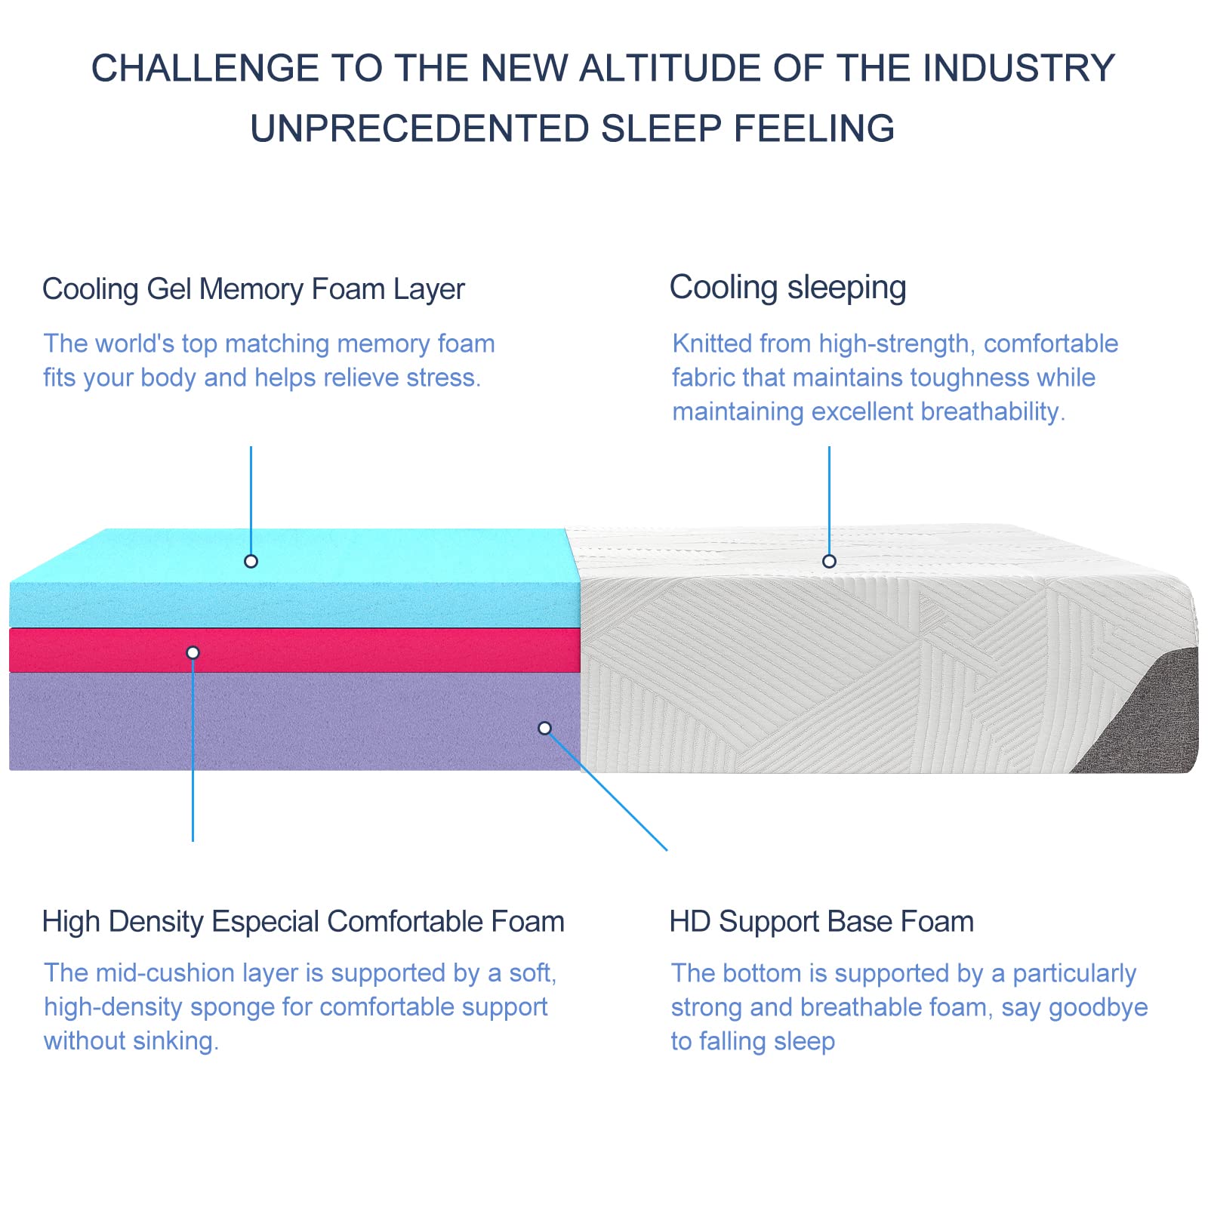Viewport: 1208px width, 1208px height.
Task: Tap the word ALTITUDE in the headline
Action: [x=665, y=68]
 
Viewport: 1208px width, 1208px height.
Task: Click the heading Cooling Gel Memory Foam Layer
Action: [x=253, y=289]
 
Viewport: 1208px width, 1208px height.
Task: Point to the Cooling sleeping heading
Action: [x=787, y=288]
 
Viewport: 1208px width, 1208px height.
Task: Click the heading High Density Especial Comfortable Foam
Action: [x=303, y=922]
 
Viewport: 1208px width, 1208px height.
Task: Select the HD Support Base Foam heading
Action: [x=821, y=922]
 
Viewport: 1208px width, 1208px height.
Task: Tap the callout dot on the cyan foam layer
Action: [x=251, y=561]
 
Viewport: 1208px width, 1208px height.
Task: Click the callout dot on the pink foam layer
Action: [x=193, y=652]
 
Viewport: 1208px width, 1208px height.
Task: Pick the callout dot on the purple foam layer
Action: [x=544, y=729]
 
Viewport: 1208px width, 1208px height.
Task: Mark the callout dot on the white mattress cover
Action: [x=829, y=561]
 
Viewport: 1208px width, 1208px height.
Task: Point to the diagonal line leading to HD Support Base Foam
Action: [x=608, y=791]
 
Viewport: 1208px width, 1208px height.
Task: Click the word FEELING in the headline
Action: [x=815, y=129]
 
